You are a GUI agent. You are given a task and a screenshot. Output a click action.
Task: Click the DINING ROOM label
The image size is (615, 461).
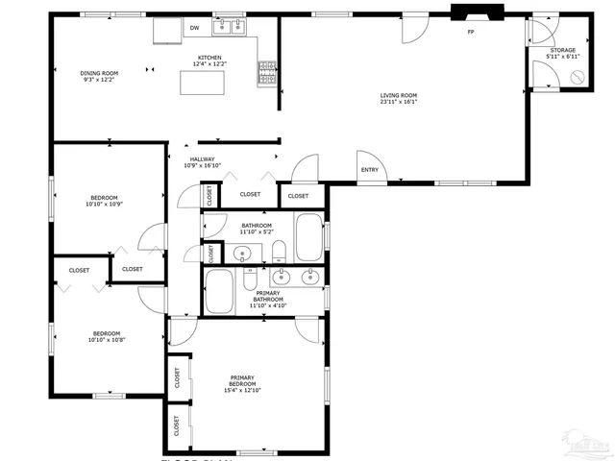[x=99, y=72]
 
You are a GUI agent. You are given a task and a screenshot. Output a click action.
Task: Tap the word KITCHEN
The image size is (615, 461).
[x=209, y=58]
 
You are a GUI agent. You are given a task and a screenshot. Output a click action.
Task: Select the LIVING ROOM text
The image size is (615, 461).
[x=398, y=95]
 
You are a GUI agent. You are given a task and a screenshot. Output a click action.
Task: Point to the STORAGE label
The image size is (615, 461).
[x=562, y=50]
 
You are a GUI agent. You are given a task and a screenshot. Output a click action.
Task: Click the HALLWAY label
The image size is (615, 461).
[x=202, y=159]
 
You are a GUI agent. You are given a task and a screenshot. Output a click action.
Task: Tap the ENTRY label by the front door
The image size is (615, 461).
[x=369, y=171]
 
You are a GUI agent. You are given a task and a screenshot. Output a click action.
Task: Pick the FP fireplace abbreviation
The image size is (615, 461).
[x=471, y=33]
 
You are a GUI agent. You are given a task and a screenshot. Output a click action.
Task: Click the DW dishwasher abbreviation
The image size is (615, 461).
[x=194, y=28]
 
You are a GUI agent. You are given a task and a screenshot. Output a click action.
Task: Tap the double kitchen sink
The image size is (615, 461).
[x=231, y=26]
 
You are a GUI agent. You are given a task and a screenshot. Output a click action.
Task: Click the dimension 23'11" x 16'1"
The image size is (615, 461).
[x=398, y=102]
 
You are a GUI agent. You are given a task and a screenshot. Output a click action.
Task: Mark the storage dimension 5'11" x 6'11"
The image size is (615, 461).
[x=562, y=57]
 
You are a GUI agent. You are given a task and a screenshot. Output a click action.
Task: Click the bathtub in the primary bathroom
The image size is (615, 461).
[x=220, y=291]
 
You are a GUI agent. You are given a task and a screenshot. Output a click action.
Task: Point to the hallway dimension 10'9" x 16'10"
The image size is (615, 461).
[x=202, y=166]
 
